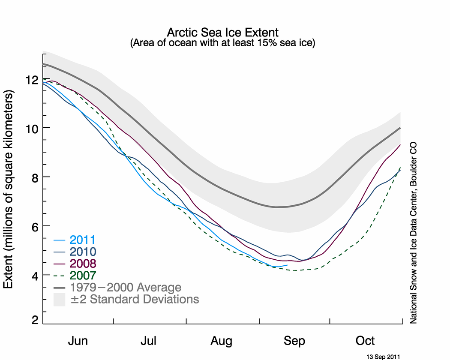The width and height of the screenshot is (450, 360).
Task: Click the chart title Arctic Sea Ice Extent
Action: (222, 33)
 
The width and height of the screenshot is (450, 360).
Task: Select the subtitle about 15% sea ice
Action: (222, 43)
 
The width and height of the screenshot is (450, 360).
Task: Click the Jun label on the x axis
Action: (78, 341)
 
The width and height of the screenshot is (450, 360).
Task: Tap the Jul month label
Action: (149, 341)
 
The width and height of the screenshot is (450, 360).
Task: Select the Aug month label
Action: (222, 341)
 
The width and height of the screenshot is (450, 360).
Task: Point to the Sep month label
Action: (294, 341)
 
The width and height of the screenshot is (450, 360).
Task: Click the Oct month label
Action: (366, 341)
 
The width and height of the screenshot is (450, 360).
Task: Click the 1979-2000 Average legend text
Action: (126, 287)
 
